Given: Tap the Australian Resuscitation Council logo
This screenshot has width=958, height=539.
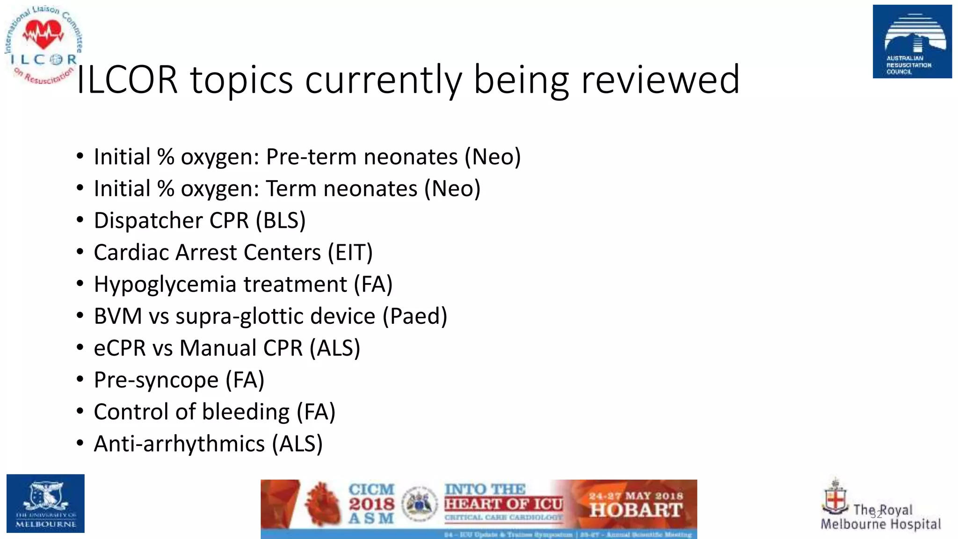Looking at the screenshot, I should [912, 42].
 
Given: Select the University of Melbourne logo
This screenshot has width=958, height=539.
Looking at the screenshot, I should [45, 503].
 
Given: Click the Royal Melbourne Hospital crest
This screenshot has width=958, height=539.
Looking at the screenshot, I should [835, 497].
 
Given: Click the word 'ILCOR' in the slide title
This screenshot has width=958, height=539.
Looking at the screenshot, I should [127, 80].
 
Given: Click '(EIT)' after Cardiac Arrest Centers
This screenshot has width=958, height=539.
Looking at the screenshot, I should [350, 253].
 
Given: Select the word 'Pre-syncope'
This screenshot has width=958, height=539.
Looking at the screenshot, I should [156, 380].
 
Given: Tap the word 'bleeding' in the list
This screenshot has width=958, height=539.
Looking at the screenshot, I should [246, 412].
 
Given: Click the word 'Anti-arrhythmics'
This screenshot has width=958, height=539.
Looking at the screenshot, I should [179, 444].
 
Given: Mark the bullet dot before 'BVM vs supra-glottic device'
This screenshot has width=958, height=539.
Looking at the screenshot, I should [80, 316].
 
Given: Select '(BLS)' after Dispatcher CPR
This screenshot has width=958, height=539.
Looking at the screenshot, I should [281, 220].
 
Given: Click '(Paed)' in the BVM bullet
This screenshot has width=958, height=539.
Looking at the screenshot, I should [415, 316].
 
